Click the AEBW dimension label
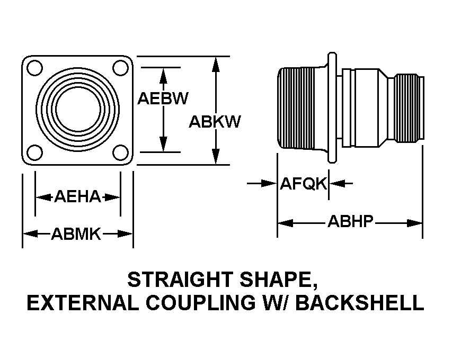[x=163, y=98]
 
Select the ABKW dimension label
[x=215, y=121]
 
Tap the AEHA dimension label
[x=77, y=196]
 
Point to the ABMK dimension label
[x=76, y=234]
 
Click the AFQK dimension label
[x=304, y=184]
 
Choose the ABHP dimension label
[x=350, y=221]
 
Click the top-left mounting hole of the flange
[x=34, y=68]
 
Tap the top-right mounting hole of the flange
[x=120, y=68]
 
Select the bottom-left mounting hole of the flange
[x=34, y=152]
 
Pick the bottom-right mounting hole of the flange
[x=120, y=152]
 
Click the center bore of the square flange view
[x=78, y=109]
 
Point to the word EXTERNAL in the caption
[x=83, y=303]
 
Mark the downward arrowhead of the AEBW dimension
[x=163, y=145]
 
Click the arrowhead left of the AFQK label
[x=270, y=184]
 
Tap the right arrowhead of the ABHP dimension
[x=414, y=223]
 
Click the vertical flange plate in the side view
[x=332, y=107]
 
